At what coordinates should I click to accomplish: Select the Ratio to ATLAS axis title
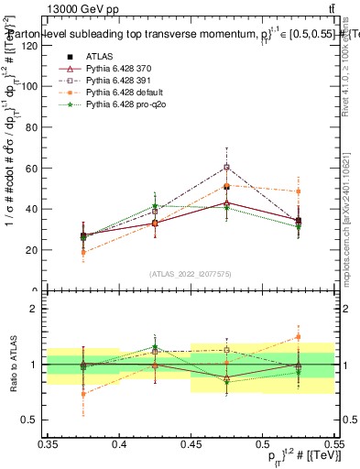point(12,365)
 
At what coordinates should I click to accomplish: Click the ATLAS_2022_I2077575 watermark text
point(190,274)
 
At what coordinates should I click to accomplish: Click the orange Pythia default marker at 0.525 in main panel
point(298,191)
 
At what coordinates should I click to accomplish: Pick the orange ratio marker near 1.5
point(298,337)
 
